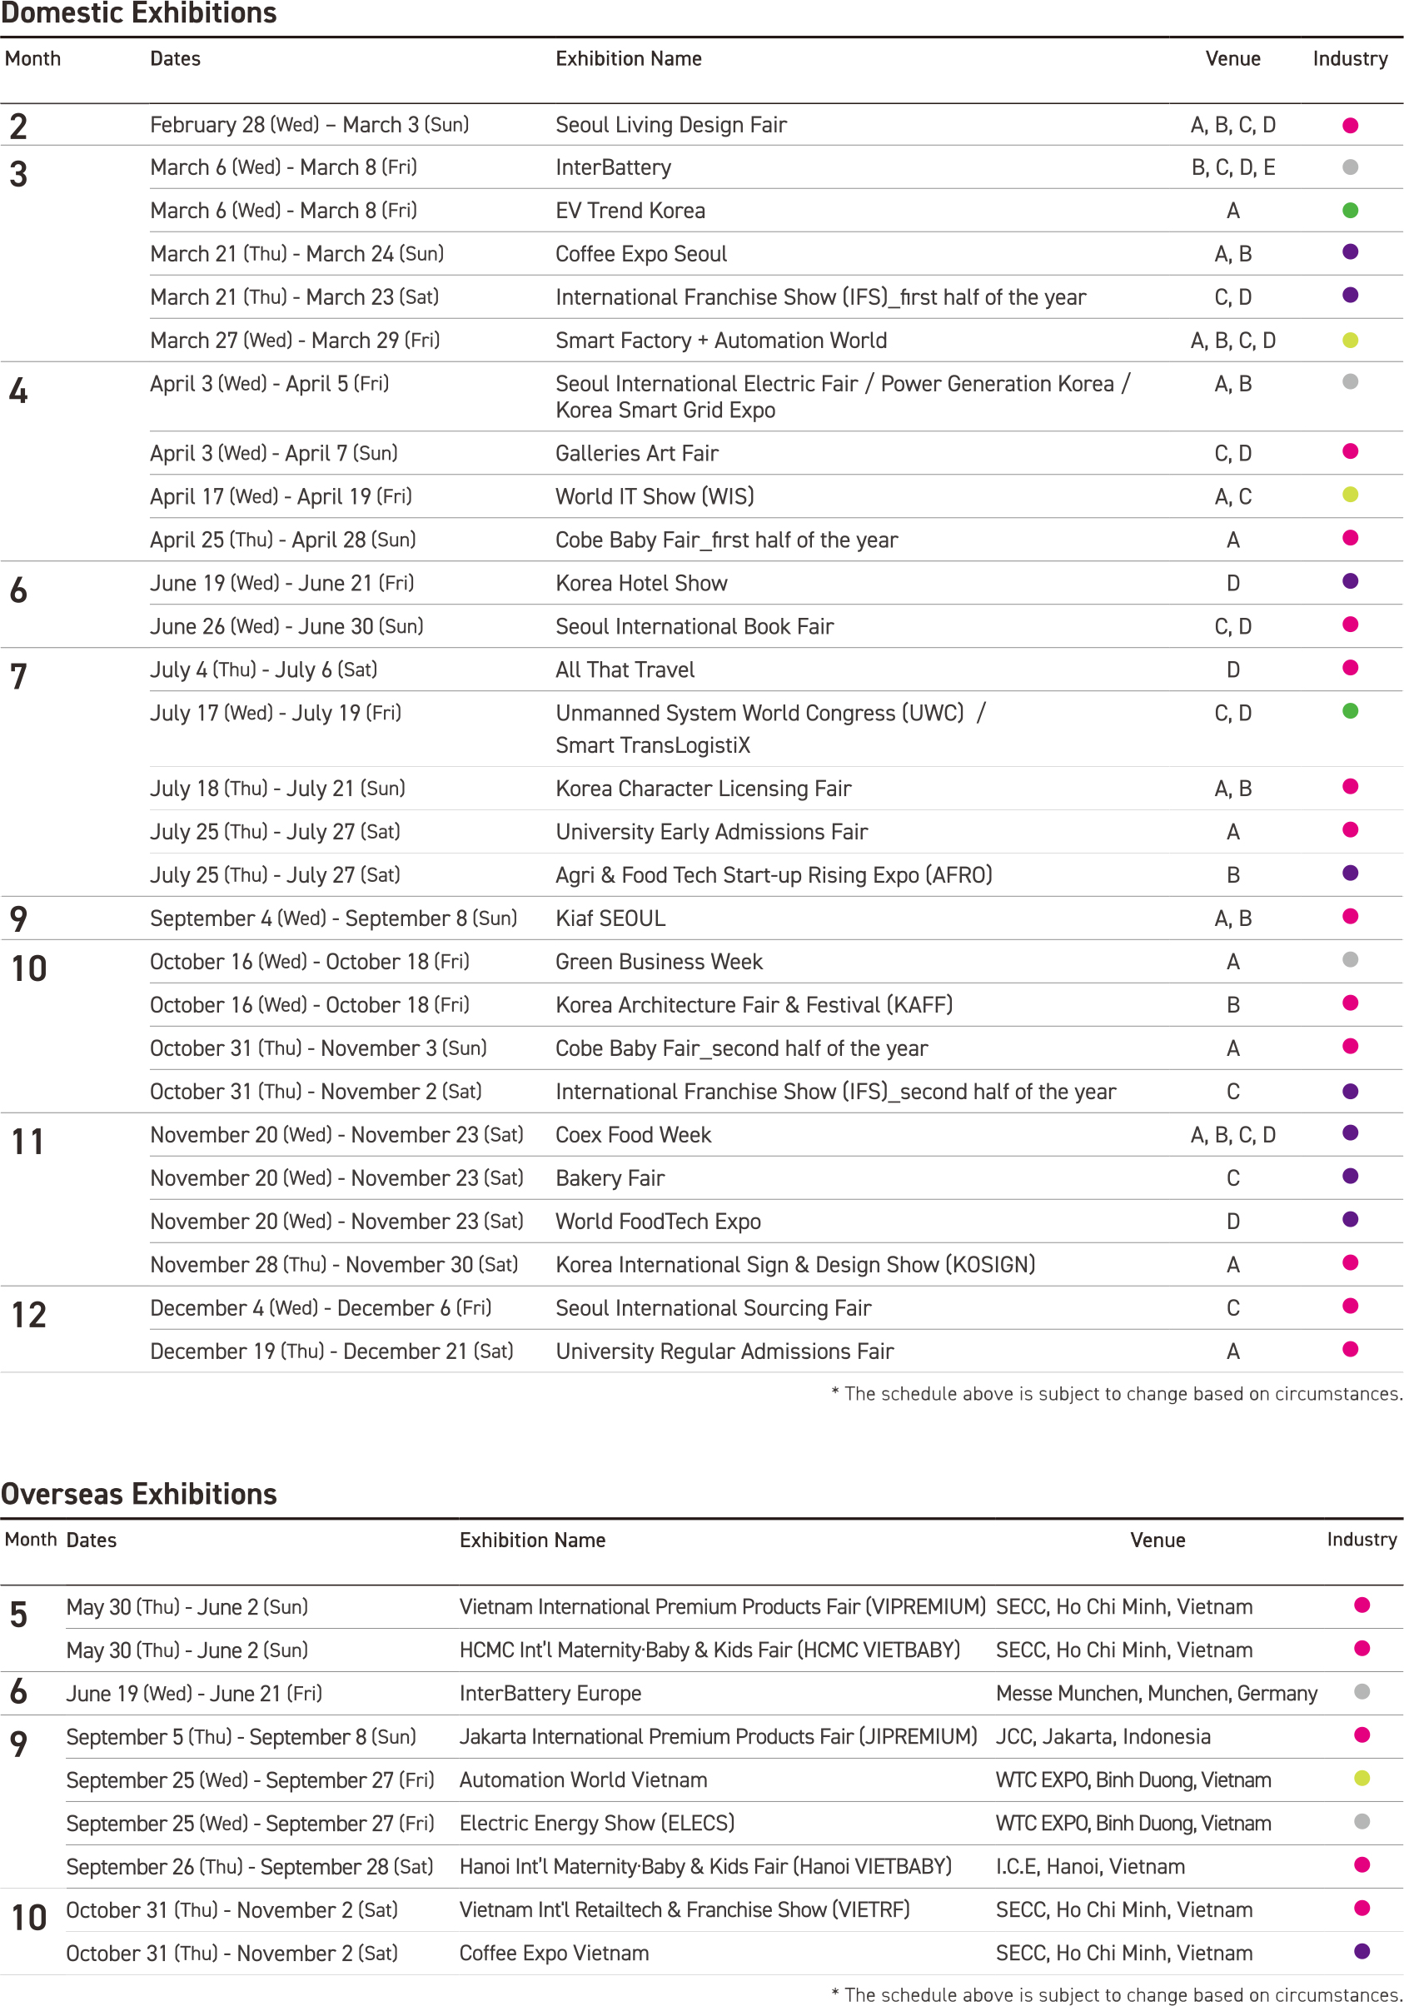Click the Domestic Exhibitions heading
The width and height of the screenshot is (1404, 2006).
[x=139, y=13]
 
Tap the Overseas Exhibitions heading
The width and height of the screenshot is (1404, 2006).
[x=139, y=1494]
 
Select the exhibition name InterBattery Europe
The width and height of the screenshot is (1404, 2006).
[x=550, y=1693]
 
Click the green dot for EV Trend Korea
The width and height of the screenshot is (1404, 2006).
[x=1350, y=210]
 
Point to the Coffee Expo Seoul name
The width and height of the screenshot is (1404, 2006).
[x=640, y=253]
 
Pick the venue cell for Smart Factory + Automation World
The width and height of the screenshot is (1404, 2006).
[x=1232, y=340]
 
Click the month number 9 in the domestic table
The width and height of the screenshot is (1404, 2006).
[x=18, y=918]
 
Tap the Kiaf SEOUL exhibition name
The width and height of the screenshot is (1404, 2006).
[x=610, y=918]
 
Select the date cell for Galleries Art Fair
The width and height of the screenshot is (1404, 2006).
[x=273, y=452]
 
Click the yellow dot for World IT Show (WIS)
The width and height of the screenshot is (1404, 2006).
[x=1350, y=495]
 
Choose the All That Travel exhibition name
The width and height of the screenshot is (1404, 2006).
[x=625, y=669]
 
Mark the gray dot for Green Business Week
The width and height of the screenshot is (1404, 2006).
[x=1350, y=959]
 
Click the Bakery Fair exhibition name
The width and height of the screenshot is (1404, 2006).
[x=610, y=1177]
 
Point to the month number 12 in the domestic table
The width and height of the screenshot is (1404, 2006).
[x=28, y=1315]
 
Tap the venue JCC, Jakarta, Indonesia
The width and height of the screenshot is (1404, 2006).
[x=1103, y=1736]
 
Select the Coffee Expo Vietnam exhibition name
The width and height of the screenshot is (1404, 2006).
[x=554, y=1953]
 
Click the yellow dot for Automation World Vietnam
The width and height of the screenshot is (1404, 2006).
[x=1362, y=1778]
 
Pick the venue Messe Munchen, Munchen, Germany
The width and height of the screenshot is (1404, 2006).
[x=1156, y=1693]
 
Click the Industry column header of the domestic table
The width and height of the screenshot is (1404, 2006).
[x=1350, y=58]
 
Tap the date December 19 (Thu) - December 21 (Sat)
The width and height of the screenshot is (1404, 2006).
[x=331, y=1351]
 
